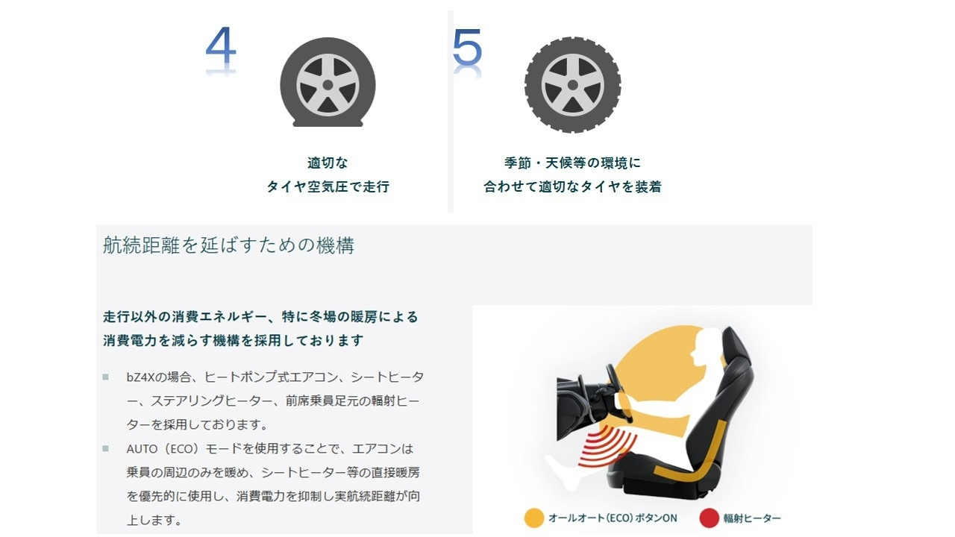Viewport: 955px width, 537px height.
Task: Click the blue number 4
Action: click(221, 45)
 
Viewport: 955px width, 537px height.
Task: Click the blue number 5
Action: click(467, 47)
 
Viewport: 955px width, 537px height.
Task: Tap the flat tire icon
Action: click(328, 82)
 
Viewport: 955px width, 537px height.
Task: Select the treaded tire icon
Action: click(572, 85)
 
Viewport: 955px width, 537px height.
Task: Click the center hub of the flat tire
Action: click(328, 85)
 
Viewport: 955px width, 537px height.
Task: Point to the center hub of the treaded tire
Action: click(572, 85)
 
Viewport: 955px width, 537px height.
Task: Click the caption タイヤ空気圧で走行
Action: click(328, 186)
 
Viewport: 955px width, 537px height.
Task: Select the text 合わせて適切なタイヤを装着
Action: click(572, 186)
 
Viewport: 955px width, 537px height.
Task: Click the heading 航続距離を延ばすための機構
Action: click(228, 245)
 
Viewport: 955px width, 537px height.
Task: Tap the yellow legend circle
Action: click(534, 518)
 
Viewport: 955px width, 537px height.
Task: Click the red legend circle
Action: click(710, 518)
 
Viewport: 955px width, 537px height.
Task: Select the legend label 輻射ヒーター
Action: click(752, 518)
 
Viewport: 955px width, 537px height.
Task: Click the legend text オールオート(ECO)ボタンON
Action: click(613, 518)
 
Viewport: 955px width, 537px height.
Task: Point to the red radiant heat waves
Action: click(607, 447)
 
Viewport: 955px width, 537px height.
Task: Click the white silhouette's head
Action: click(707, 346)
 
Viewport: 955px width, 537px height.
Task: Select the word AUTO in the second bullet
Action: click(142, 449)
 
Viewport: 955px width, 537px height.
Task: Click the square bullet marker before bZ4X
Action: click(106, 377)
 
